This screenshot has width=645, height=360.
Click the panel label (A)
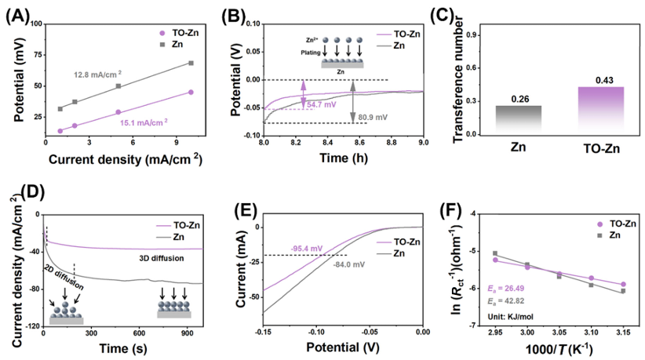pyautogui.click(x=18, y=14)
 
